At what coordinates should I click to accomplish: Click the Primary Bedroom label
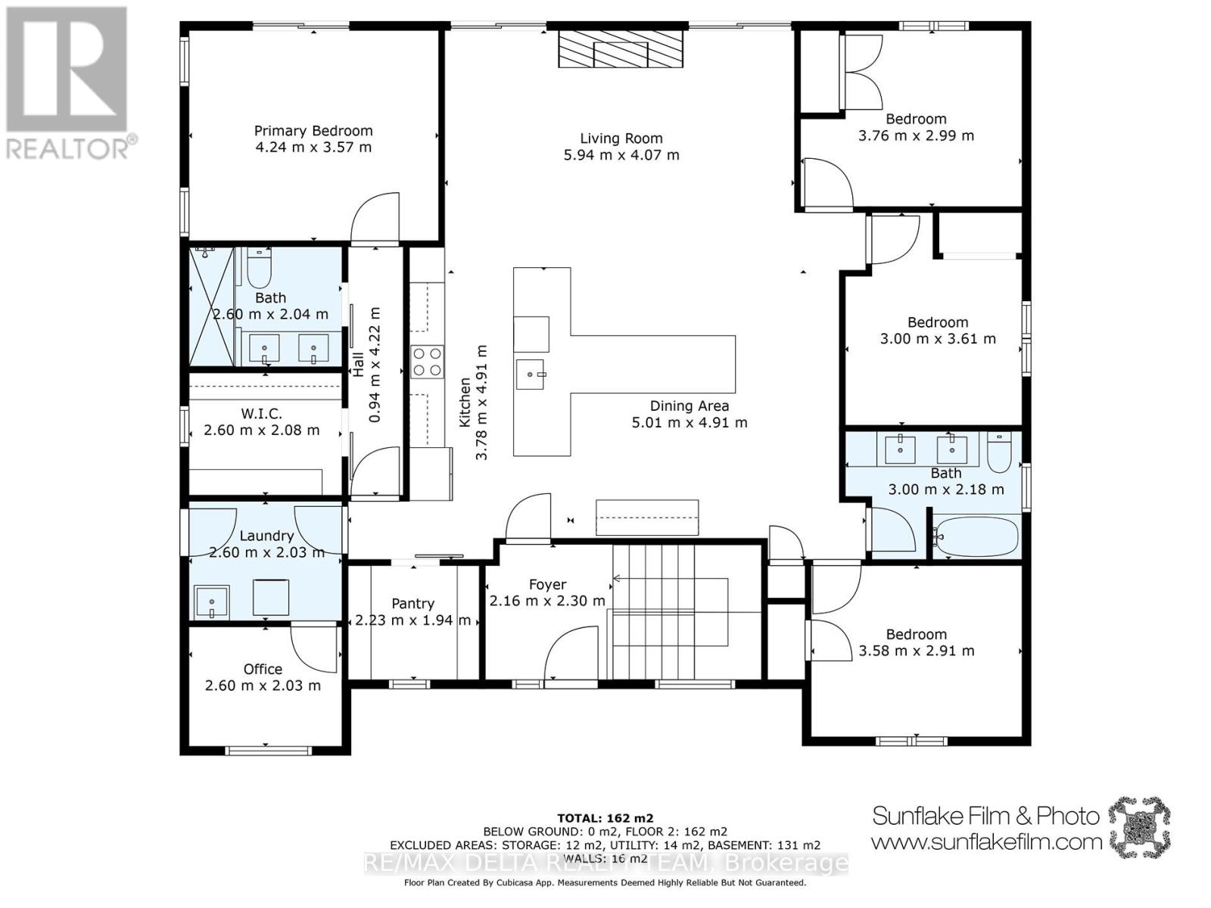coord(313,131)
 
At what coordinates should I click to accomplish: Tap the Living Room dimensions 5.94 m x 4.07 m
coord(621,155)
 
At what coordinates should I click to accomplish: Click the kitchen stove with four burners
coord(427,361)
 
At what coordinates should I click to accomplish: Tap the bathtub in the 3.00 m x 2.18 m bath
coord(975,536)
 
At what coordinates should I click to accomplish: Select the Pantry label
coord(412,604)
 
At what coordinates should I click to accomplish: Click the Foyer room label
coord(547,585)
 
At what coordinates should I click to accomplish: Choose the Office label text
coord(263,669)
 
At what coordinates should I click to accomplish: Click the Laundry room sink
coord(211,602)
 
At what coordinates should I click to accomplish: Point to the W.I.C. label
coord(261,414)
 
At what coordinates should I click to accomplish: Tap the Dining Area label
coord(689,406)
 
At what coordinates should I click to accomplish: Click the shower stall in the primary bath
coord(211,306)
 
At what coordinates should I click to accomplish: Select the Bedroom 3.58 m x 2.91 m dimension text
coord(917,651)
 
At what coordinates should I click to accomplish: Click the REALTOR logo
coord(68,82)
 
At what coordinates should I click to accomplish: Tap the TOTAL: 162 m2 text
coord(605,818)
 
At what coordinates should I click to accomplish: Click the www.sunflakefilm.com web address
coord(986,841)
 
